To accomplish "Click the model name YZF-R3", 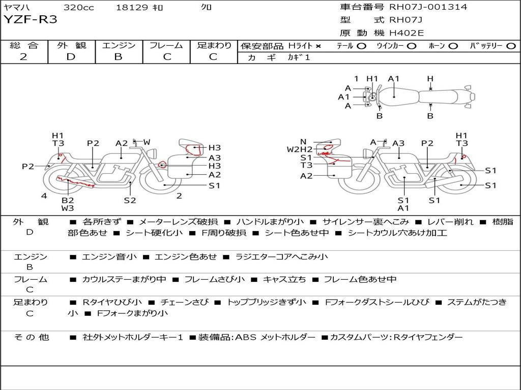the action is click(30, 20).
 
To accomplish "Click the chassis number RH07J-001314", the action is click(428, 7).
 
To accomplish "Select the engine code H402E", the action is click(407, 33).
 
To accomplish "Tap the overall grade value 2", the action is click(23, 57).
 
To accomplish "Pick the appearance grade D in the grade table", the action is click(71, 57).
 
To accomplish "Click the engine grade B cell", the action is click(118, 57).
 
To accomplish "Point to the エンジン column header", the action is click(119, 45).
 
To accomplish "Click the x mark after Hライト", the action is click(319, 46).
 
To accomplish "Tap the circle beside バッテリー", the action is click(511, 46).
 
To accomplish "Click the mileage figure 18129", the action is click(132, 7).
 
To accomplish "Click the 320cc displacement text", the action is click(79, 7).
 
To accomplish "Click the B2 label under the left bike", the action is click(68, 200).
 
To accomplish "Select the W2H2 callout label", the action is click(300, 149).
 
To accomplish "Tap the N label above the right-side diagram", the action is click(303, 142).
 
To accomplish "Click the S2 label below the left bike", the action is click(130, 200).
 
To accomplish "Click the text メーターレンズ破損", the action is click(178, 221).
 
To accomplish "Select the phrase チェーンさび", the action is click(185, 302).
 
